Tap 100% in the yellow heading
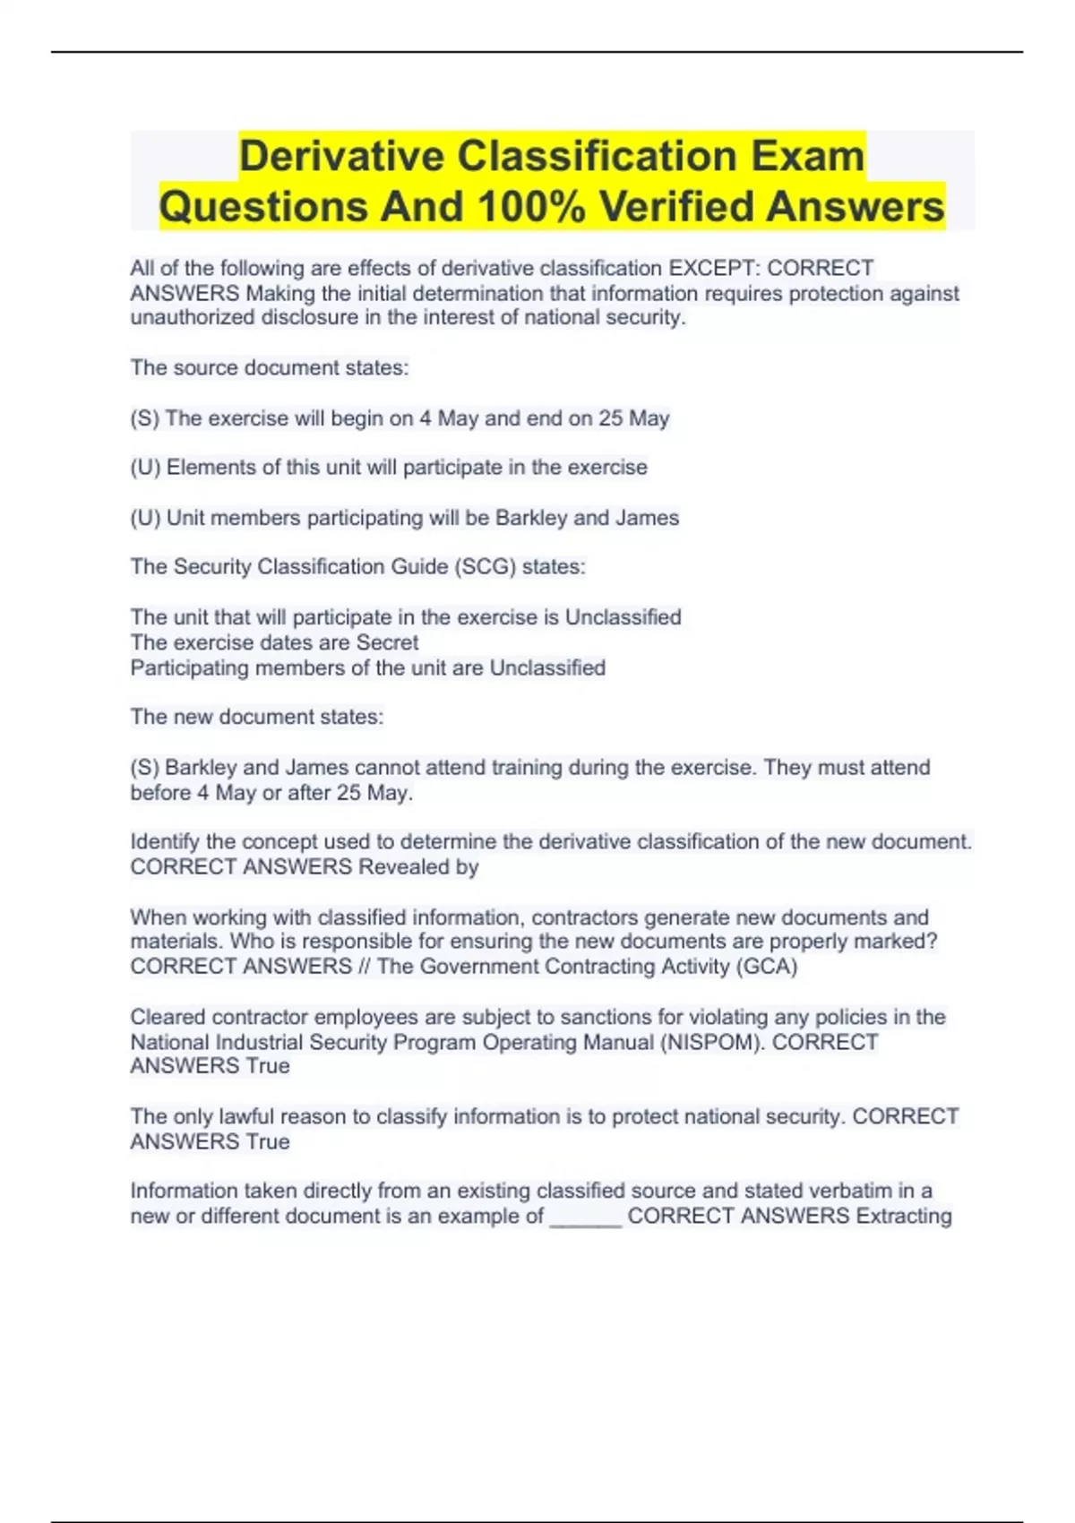pos(532,207)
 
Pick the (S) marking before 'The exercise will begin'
pos(145,418)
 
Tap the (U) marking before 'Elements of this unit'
pos(145,468)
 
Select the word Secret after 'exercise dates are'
pos(387,642)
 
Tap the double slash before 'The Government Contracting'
pos(364,967)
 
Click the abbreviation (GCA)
pos(767,967)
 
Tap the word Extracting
pos(904,1217)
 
